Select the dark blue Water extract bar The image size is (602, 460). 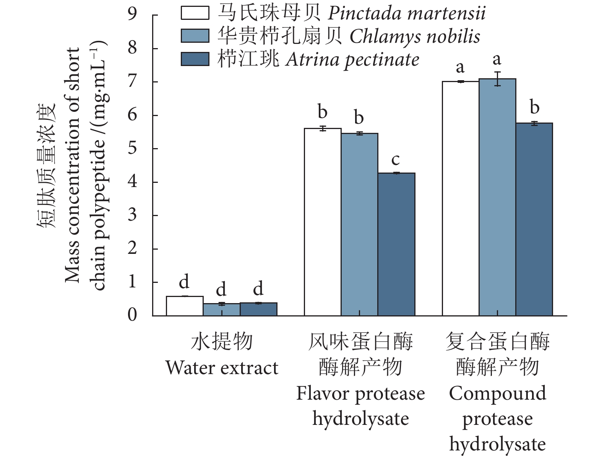tap(258, 309)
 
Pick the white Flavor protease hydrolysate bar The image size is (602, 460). tap(323, 222)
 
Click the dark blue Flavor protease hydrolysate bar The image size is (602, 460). tap(396, 244)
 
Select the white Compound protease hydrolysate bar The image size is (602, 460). tap(461, 199)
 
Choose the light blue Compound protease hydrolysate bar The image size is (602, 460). tap(497, 197)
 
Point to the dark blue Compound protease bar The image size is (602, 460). tap(534, 219)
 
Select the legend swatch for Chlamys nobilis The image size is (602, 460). tap(195, 36)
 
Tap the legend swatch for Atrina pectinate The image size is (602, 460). tap(195, 59)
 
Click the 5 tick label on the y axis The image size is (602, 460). tap(132, 148)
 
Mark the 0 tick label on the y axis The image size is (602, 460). tap(132, 315)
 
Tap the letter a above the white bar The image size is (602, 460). tap(460, 67)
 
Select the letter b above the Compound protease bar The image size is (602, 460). tap(534, 108)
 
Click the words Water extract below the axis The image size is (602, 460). tap(222, 368)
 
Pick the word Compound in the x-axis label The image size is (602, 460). tap(497, 393)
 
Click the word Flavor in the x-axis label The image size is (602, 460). tap(323, 393)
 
